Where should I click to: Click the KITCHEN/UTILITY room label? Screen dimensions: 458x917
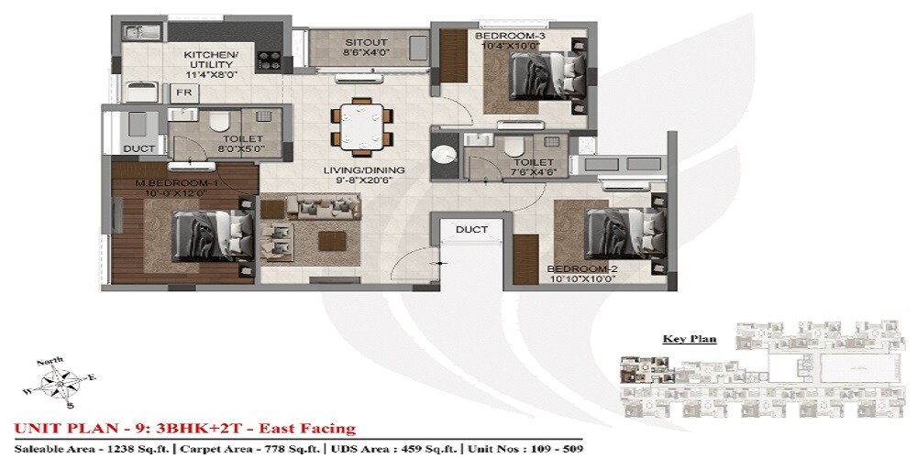coord(211,60)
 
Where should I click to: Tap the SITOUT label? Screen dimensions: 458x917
coord(364,42)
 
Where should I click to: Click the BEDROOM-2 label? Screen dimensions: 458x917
coord(581,269)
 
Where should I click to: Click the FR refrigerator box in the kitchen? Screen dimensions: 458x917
coord(182,93)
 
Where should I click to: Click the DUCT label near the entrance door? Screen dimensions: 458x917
coord(470,229)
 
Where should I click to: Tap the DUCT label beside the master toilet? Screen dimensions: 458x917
coord(138,147)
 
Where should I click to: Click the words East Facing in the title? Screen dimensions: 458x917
coord(309,429)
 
